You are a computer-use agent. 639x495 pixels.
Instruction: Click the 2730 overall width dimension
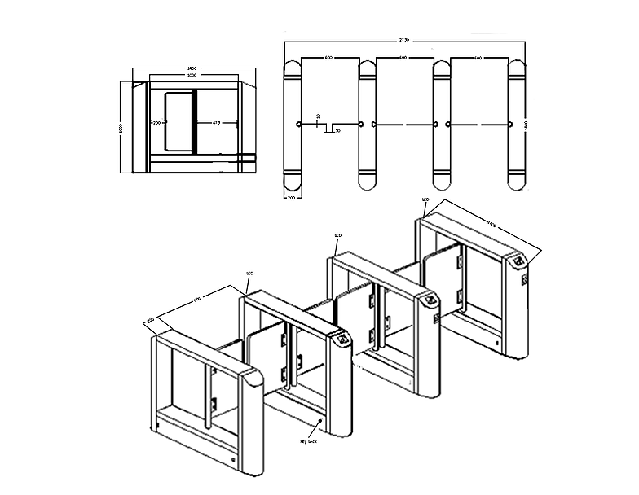click(x=403, y=40)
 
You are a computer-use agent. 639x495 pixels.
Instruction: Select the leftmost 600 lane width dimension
click(x=328, y=58)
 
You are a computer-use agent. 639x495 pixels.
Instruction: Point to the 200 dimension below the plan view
click(x=291, y=197)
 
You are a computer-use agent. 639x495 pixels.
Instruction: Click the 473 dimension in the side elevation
click(x=216, y=123)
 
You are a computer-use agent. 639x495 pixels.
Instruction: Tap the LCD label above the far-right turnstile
click(x=425, y=199)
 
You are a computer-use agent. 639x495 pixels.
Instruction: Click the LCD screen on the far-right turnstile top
click(x=517, y=263)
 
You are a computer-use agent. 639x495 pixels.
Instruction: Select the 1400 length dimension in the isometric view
click(x=492, y=225)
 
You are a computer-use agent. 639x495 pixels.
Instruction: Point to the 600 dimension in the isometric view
click(x=197, y=300)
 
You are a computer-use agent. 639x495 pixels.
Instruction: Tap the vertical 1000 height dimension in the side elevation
click(x=121, y=127)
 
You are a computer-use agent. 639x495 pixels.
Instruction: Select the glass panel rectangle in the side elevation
click(x=178, y=122)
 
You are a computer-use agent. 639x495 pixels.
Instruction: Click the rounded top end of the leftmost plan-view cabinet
click(x=291, y=68)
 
